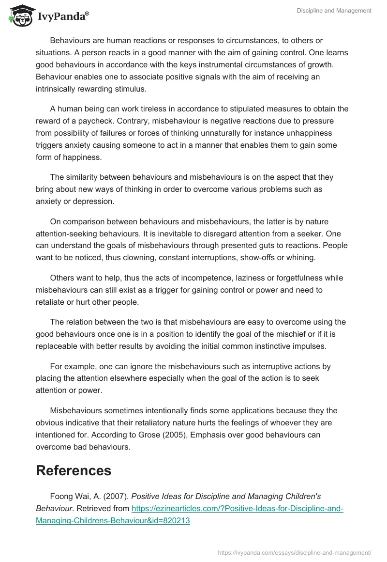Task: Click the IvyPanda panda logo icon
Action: click(x=19, y=15)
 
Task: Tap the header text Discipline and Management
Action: click(x=334, y=11)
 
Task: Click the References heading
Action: click(x=74, y=470)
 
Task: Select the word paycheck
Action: click(x=100, y=121)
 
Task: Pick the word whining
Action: click(x=300, y=258)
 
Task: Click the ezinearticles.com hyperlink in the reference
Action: click(x=189, y=515)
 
